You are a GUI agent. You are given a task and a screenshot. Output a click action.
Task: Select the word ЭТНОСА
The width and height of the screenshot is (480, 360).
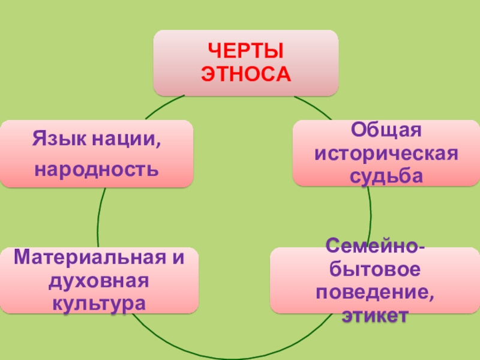[x=245, y=74]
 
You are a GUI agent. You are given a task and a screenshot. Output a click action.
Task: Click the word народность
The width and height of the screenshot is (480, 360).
[x=97, y=170]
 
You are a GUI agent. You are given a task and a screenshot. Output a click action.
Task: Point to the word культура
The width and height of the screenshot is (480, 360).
[x=98, y=302]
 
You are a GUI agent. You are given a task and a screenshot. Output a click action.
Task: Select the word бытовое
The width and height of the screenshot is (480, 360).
[x=377, y=269]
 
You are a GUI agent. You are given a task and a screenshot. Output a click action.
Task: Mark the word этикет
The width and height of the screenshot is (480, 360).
[x=377, y=316]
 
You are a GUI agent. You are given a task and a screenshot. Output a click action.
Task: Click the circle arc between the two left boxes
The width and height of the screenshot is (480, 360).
[x=99, y=216]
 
